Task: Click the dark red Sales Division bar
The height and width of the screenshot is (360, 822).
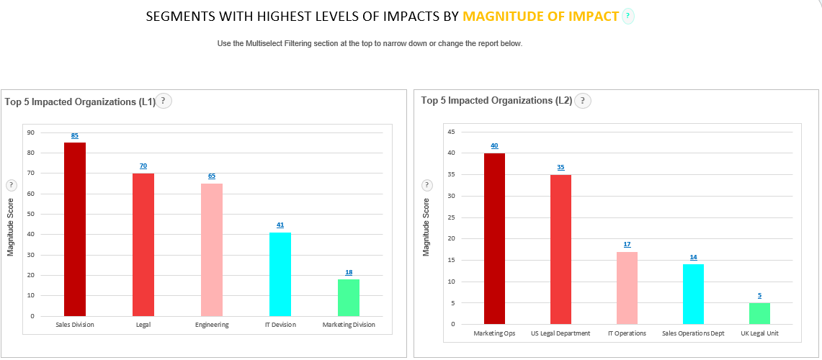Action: pos(75,229)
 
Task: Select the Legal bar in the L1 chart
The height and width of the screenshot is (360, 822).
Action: pos(143,245)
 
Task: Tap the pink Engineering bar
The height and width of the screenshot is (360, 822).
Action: pos(212,250)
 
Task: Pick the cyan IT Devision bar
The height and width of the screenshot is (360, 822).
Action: pos(280,274)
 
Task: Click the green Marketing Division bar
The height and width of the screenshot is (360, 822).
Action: pos(349,297)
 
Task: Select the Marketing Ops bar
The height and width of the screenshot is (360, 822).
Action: pos(494,238)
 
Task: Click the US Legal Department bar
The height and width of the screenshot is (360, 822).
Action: pos(560,249)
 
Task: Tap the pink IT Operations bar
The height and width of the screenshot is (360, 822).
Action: pos(627,288)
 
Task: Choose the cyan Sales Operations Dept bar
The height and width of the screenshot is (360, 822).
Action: pos(693,294)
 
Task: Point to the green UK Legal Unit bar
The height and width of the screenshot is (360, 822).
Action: pos(759,313)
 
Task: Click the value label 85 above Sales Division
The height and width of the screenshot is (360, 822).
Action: pos(75,135)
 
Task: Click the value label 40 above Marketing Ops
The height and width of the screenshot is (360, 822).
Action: pos(494,145)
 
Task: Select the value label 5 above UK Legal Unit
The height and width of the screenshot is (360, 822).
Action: pos(759,295)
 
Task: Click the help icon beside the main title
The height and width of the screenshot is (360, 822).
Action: pos(628,17)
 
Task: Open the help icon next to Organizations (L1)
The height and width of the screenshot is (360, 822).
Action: pos(164,101)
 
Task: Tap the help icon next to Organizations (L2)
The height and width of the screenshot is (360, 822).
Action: pos(583,101)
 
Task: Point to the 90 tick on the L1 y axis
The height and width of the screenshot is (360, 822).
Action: pos(31,132)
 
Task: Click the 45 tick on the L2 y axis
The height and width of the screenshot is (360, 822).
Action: pos(451,132)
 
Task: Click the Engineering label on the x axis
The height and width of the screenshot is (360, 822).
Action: pos(212,325)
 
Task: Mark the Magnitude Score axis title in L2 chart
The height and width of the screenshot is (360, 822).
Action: pos(426,227)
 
